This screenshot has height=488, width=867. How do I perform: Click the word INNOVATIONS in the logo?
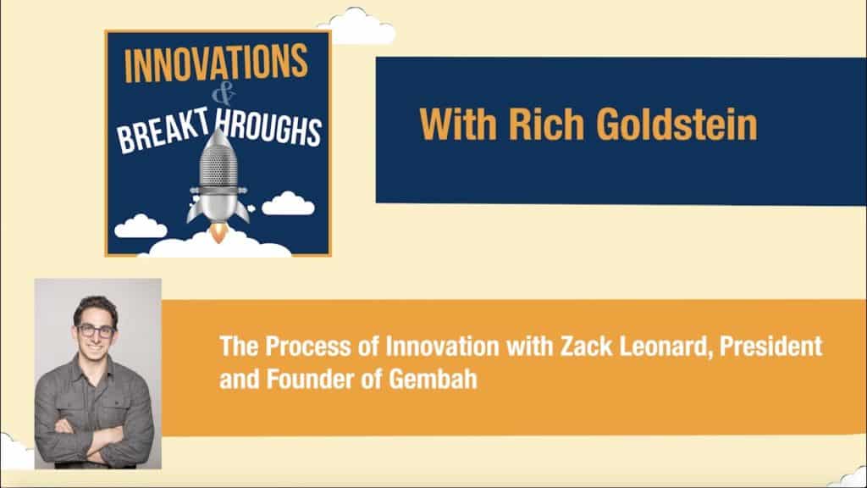tap(217, 65)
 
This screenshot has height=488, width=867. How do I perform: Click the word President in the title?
tap(767, 347)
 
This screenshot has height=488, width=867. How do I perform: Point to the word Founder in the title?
tap(305, 379)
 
